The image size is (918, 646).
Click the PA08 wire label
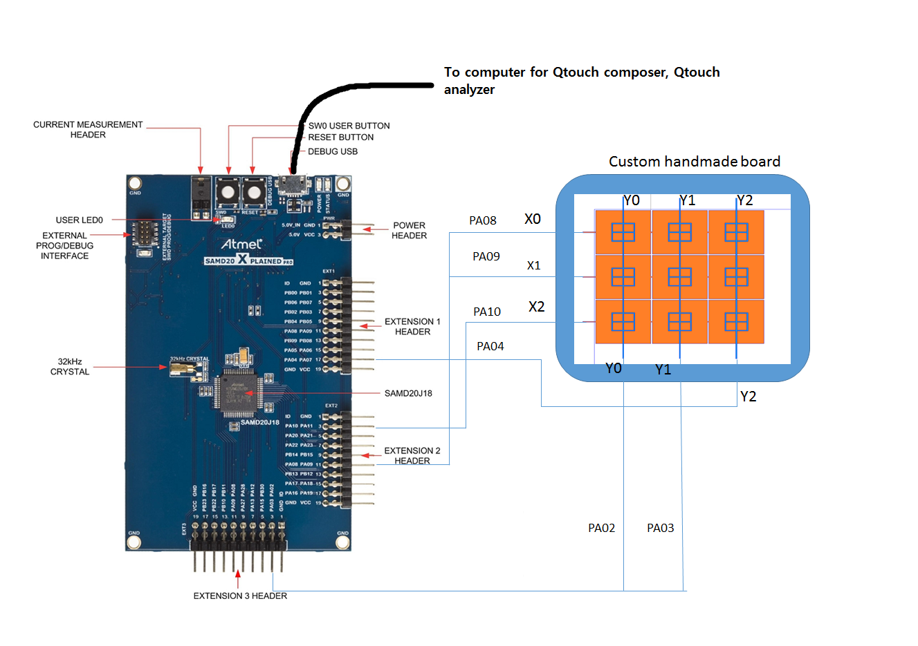click(x=482, y=220)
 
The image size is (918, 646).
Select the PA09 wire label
click(x=486, y=256)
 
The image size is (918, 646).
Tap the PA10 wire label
click(x=486, y=312)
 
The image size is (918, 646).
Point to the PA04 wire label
click(x=490, y=346)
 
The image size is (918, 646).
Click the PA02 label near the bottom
click(x=601, y=528)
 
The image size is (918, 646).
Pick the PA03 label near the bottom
click(x=660, y=528)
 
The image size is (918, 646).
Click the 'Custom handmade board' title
click(x=694, y=162)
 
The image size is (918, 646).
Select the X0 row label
click(x=532, y=219)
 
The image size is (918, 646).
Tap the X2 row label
click(x=536, y=307)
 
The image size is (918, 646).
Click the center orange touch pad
click(x=679, y=277)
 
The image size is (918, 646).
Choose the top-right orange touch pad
click(x=736, y=232)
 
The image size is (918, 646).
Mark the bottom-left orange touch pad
click(x=623, y=322)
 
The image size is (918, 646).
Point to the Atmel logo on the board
click(x=241, y=244)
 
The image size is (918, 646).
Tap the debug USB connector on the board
click(x=293, y=184)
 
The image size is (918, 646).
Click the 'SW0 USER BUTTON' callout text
click(x=349, y=126)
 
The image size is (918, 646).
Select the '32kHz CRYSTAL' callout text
click(x=69, y=367)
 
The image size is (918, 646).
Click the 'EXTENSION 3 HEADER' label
click(x=239, y=596)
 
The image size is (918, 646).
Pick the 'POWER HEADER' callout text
click(x=409, y=231)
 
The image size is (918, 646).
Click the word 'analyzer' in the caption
click(x=469, y=90)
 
